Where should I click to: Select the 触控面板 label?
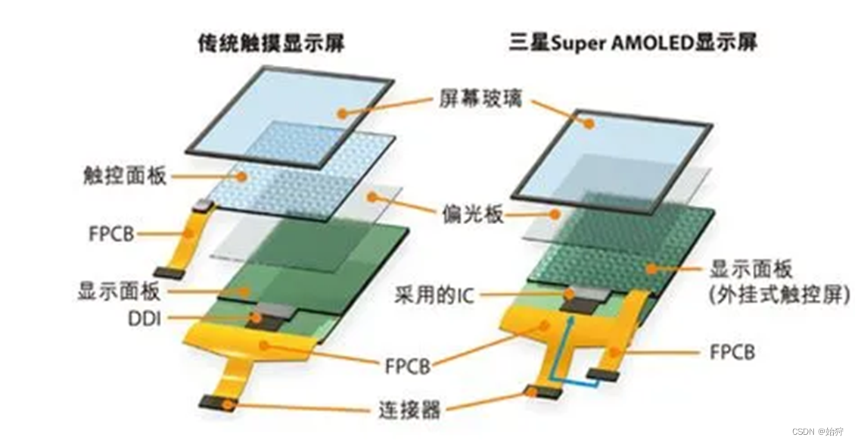tap(123, 176)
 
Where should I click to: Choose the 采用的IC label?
tap(434, 294)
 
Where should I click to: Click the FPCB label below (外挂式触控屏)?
tap(732, 351)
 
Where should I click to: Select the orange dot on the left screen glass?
tap(343, 114)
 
